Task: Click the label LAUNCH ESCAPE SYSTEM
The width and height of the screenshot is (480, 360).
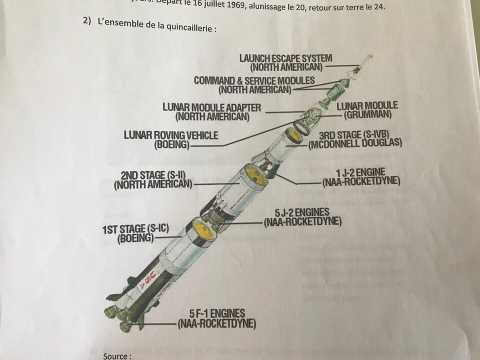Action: tap(285, 58)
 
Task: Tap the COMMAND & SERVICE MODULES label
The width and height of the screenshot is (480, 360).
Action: tap(254, 80)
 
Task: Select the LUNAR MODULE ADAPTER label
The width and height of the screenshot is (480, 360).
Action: tap(211, 107)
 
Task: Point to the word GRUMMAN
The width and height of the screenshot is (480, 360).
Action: tap(367, 115)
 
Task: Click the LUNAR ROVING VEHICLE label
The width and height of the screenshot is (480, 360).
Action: tap(170, 135)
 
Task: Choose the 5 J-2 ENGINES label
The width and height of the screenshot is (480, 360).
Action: tap(302, 212)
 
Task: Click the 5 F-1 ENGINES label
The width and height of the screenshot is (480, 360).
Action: tap(217, 314)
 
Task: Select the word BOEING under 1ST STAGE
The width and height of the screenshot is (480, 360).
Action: tap(135, 239)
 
